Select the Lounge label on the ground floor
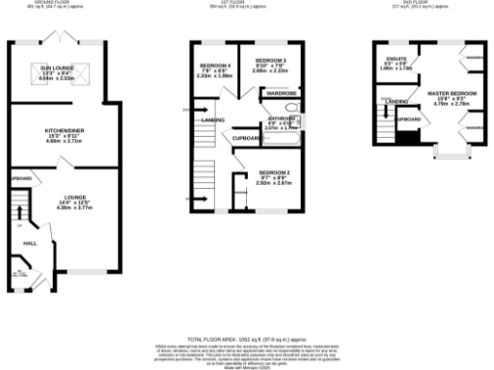[x=62, y=198]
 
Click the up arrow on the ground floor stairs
[x=16, y=204]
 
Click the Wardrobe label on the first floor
[x=276, y=94]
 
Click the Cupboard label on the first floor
[x=244, y=139]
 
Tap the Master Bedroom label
[x=448, y=95]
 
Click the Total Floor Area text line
[x=246, y=339]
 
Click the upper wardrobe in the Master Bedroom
[x=475, y=57]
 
